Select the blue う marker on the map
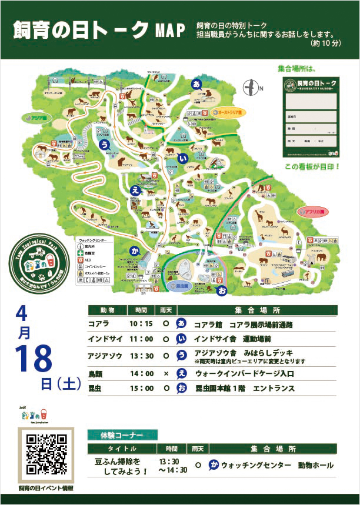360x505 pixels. [105, 143]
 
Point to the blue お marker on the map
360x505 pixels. [222, 291]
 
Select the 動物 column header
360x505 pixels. [107, 310]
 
